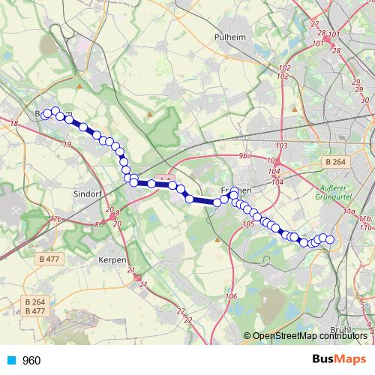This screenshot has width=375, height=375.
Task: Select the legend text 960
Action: pos(31,360)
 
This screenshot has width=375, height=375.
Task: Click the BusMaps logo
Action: pos(340,359)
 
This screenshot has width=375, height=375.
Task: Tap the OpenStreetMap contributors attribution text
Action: pos(309,335)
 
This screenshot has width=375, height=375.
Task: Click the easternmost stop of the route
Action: pos(329,239)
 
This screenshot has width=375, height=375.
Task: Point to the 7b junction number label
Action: pos(57,219)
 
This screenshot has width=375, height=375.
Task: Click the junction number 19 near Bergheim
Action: pos(67,144)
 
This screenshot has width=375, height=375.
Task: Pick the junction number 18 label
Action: pos(13,122)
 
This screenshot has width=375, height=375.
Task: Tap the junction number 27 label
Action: pos(314,25)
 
